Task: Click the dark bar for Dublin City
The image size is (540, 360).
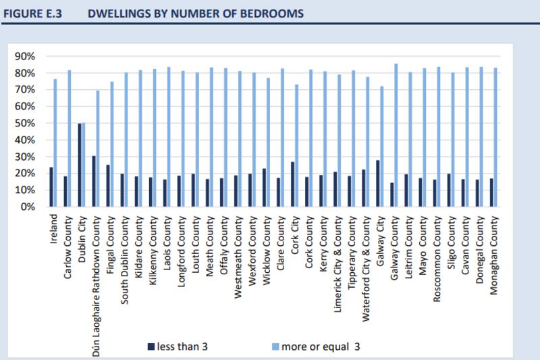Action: (80, 165)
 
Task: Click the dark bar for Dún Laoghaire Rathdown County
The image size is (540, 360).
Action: (94, 181)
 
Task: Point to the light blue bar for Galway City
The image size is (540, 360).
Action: (382, 146)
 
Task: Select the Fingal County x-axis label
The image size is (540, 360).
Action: (111, 244)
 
